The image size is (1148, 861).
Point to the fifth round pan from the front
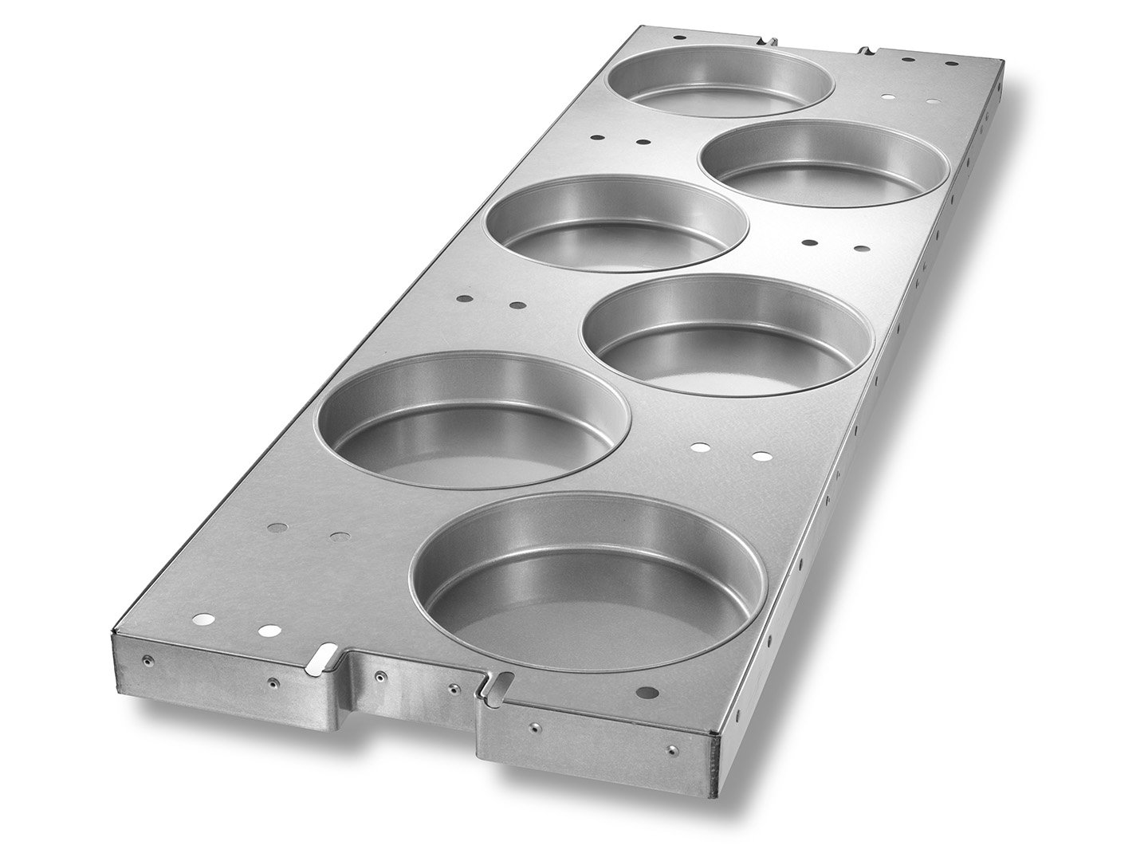[824, 163]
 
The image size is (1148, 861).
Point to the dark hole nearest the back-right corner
[951, 63]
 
